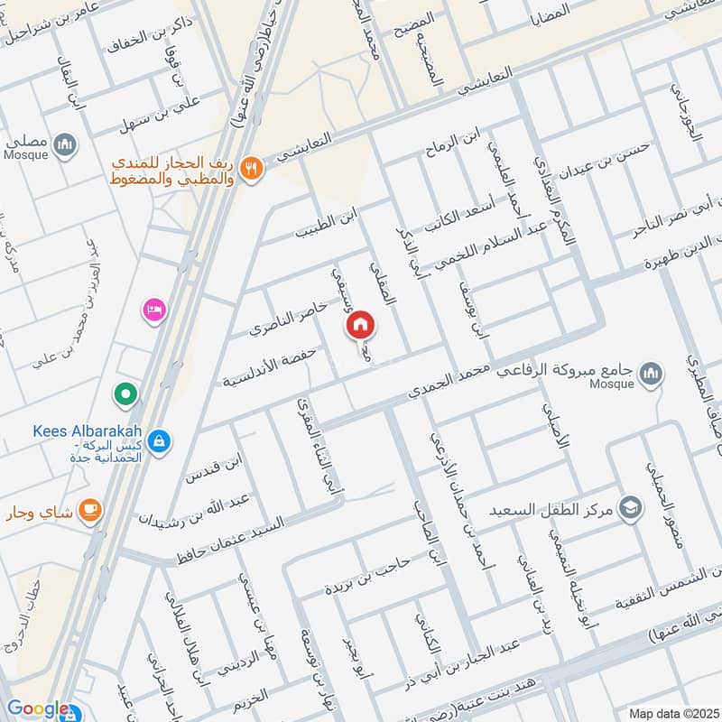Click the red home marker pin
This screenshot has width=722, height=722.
[x=360, y=324]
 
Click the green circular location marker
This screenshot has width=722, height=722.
[x=125, y=393]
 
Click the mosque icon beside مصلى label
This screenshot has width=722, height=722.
[x=63, y=144]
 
